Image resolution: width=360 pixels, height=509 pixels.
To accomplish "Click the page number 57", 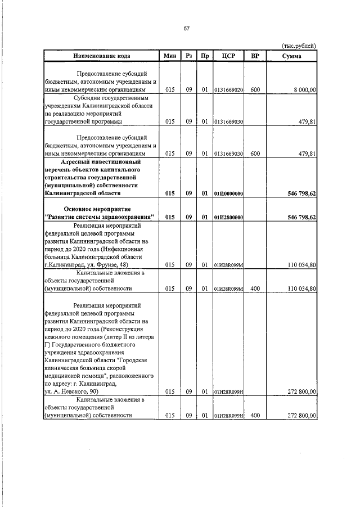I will click(x=186, y=29).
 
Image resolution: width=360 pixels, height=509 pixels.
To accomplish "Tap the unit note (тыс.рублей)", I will click(x=298, y=46).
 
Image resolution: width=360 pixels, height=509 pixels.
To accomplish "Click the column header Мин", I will click(x=170, y=56).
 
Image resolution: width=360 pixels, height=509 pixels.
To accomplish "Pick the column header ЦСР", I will click(x=228, y=56).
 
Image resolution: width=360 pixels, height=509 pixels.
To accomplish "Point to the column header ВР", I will click(x=255, y=56).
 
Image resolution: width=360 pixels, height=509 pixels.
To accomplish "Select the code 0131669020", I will click(x=228, y=90).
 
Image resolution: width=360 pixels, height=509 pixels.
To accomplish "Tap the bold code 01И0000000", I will click(x=228, y=193).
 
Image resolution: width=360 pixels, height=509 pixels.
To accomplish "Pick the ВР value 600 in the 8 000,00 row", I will click(x=255, y=89).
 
